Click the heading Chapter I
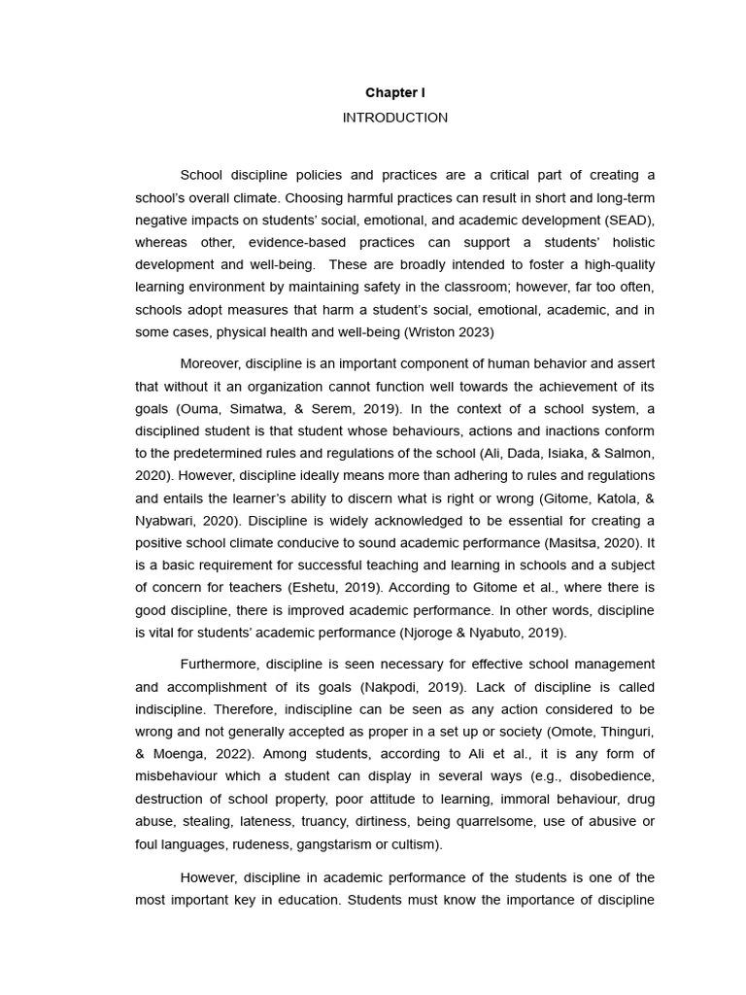[x=395, y=93]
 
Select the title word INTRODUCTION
[x=395, y=118]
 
